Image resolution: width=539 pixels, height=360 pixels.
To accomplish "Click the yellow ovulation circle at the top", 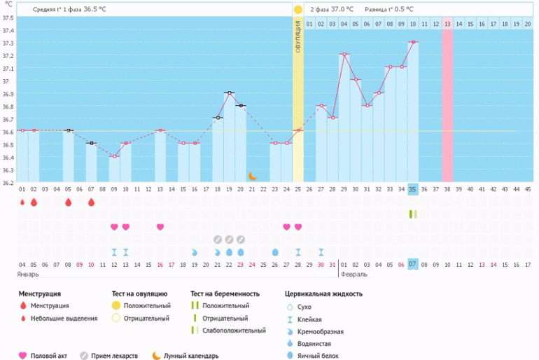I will (x=298, y=10).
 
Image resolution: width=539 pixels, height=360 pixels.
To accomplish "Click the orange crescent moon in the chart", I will (x=253, y=176).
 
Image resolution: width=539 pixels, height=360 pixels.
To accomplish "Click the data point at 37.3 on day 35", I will (x=413, y=42).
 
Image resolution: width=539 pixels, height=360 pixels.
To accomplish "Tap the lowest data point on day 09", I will (x=114, y=156).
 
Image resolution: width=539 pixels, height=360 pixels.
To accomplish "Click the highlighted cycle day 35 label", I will (x=413, y=189).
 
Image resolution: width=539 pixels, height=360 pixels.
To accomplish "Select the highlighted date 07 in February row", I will (x=413, y=264).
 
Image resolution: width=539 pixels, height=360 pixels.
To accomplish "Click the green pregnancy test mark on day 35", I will (x=413, y=214).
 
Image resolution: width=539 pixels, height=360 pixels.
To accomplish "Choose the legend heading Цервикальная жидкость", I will (x=324, y=294).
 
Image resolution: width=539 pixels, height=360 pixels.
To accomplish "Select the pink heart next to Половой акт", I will (x=22, y=355).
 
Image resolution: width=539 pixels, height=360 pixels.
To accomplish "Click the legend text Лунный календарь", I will (x=191, y=355).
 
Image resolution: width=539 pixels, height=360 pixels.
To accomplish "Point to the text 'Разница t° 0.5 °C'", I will (x=388, y=10).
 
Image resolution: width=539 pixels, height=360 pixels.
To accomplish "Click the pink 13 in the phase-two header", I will (x=447, y=24).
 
